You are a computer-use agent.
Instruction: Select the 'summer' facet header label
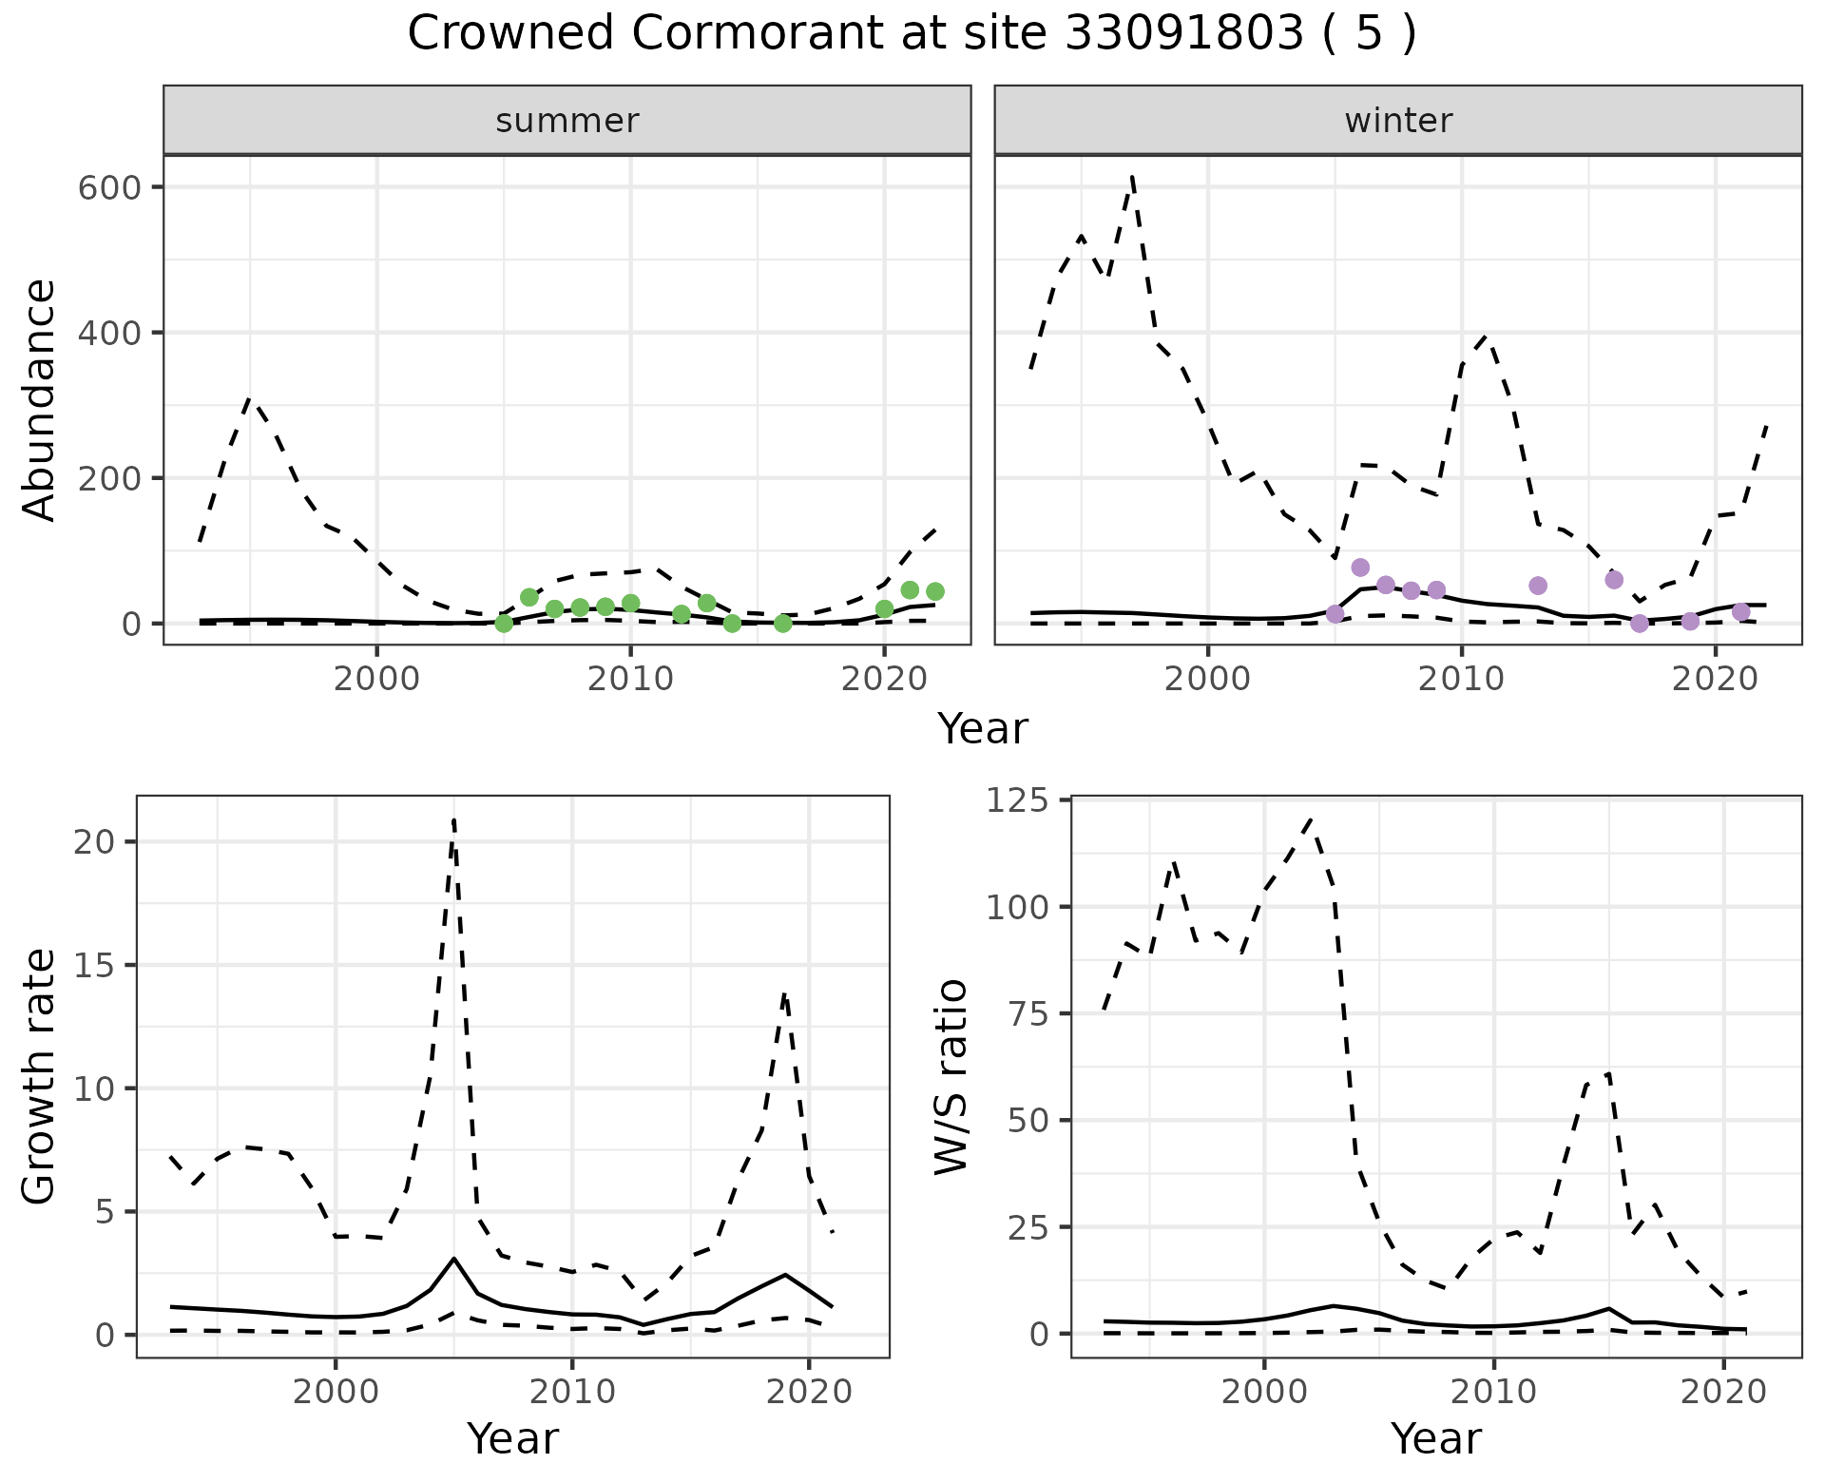(x=567, y=121)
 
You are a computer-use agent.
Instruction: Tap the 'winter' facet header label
(x=1398, y=121)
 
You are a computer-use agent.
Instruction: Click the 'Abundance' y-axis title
(x=40, y=400)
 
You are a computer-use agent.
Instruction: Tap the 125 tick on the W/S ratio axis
(x=1016, y=801)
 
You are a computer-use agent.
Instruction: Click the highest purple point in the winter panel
(x=1360, y=568)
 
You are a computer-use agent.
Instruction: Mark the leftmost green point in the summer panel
(x=504, y=624)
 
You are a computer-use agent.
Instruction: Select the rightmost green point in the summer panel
(x=935, y=591)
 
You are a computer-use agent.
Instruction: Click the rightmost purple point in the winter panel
(x=1741, y=612)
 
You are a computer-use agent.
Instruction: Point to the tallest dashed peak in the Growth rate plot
(x=454, y=819)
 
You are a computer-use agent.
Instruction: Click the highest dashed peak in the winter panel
(x=1132, y=177)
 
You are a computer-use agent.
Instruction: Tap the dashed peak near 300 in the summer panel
(x=249, y=399)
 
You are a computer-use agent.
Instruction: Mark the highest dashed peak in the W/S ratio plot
(x=1310, y=819)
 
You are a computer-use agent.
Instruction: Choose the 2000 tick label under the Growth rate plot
(x=335, y=1393)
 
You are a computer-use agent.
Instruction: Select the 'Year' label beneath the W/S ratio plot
(x=1435, y=1438)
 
